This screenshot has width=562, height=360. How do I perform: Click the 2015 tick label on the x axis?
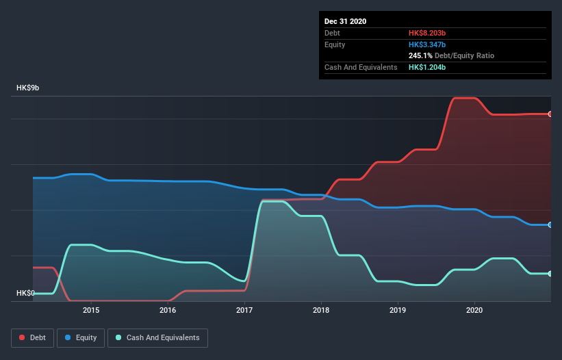pos(90,310)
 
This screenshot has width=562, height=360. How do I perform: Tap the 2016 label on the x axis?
pos(168,310)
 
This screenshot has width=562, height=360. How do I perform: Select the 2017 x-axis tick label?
pos(244,310)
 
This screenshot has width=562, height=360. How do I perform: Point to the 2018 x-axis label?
pos(321,310)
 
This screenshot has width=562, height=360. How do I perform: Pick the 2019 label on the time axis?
pos(398,310)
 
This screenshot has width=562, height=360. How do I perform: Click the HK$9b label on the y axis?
pos(28,88)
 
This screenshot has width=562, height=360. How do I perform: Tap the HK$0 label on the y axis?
pos(26,293)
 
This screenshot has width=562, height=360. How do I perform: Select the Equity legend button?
pos(81,337)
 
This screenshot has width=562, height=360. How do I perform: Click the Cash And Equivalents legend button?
pos(157,337)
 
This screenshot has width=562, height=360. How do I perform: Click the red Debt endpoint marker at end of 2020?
pos(550,114)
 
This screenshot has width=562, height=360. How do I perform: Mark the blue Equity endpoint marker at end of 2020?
pos(550,224)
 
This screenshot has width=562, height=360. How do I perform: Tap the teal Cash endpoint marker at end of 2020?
pos(550,274)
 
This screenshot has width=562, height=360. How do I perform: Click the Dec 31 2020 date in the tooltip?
pos(345,21)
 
